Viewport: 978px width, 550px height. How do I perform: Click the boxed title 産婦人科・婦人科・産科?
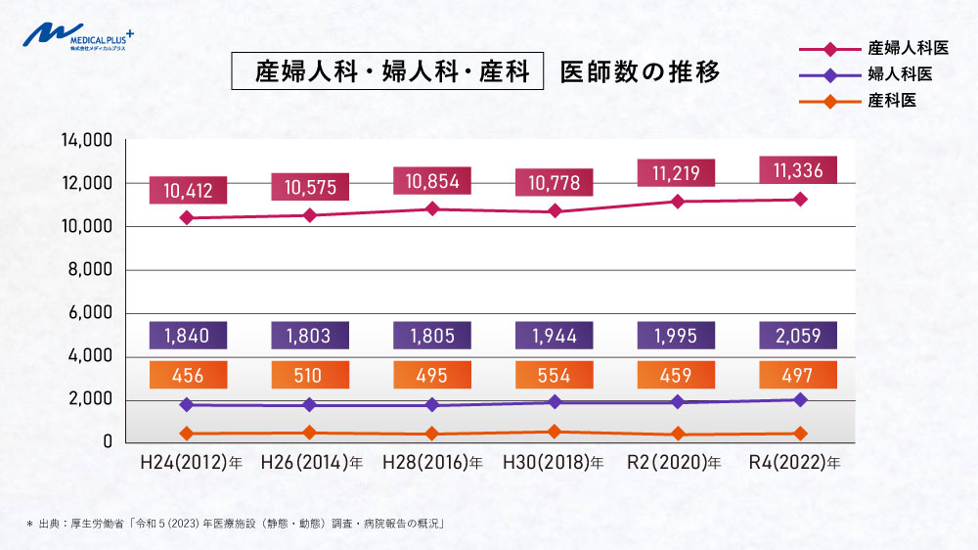(x=386, y=72)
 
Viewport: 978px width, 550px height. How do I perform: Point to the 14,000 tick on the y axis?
(x=87, y=140)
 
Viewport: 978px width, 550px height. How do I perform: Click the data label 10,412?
(x=188, y=190)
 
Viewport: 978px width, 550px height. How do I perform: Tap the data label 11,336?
(x=798, y=170)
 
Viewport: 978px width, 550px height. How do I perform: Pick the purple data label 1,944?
(x=555, y=336)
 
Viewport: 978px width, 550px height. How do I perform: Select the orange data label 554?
(x=555, y=376)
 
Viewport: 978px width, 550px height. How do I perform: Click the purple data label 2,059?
(x=798, y=336)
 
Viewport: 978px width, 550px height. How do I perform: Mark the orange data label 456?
(x=188, y=376)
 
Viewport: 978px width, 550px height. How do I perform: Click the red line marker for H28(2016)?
(x=432, y=208)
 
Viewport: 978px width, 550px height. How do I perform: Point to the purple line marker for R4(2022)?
(x=800, y=399)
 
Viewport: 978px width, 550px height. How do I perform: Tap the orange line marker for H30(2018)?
(x=555, y=431)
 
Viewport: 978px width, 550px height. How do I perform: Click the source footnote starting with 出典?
(x=236, y=524)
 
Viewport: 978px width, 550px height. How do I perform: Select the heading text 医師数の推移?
(x=640, y=72)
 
